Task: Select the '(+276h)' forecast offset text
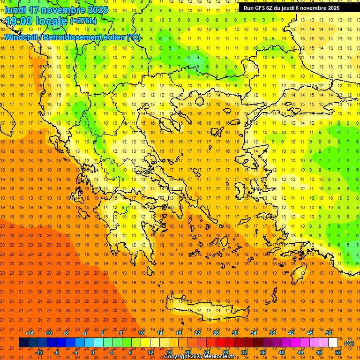point(83,21)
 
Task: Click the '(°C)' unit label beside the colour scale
point(349,343)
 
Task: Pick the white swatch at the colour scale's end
point(333,343)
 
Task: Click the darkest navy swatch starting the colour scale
point(23,343)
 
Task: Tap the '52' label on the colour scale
point(338,352)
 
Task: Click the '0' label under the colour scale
point(93,352)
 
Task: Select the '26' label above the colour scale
point(216,333)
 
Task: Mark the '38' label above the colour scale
point(272,333)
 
